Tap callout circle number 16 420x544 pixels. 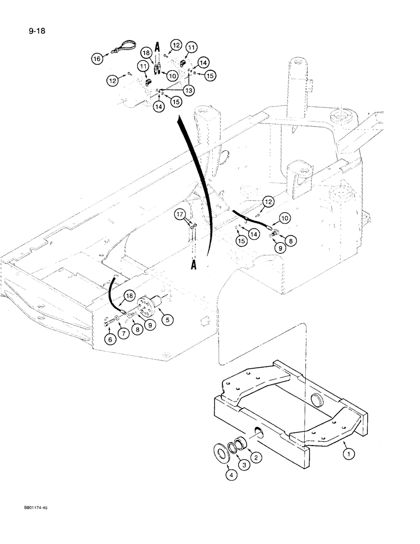click(97, 58)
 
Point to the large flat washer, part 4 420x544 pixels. click(223, 438)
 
